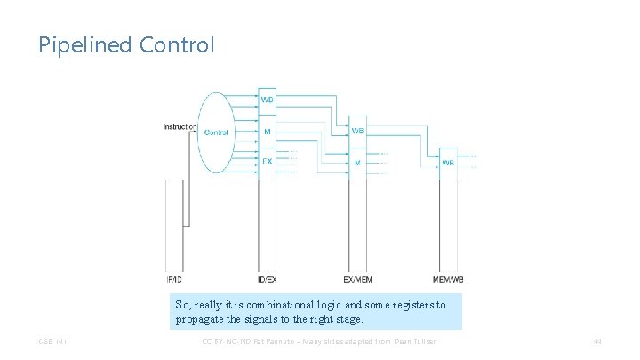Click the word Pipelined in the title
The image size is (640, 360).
[x=85, y=44]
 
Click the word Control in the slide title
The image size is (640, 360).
[x=177, y=44]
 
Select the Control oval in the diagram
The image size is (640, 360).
[x=216, y=132]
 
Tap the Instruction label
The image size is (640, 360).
[x=180, y=127]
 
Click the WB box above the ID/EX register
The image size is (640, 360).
[x=268, y=100]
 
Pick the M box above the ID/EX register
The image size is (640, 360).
[x=268, y=132]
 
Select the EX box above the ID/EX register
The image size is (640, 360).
[x=268, y=162]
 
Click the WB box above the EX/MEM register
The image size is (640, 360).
[x=357, y=131]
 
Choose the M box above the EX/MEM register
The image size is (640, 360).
[x=357, y=163]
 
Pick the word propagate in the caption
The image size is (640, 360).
[x=200, y=318]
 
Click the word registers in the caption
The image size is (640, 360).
[x=417, y=304]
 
